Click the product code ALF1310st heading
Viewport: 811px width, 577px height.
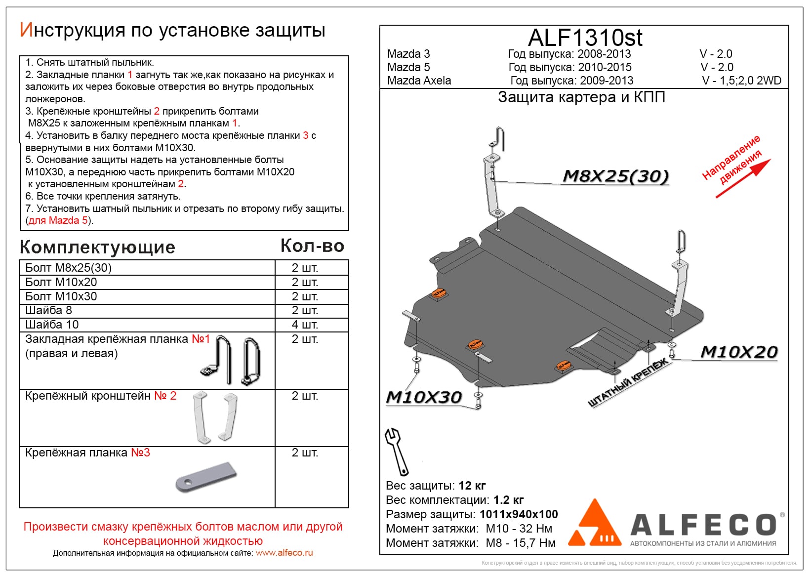tap(585, 38)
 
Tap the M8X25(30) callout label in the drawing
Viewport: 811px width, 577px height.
tap(615, 176)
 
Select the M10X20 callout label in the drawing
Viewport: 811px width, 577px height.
tap(739, 352)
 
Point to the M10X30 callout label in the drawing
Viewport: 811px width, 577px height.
tap(424, 397)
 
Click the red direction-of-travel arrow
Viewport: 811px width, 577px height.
tap(743, 179)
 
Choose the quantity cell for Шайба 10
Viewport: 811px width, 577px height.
tap(305, 325)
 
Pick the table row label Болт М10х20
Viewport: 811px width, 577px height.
tap(61, 282)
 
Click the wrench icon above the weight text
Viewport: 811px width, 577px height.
tap(397, 451)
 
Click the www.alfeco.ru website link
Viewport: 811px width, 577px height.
tap(284, 553)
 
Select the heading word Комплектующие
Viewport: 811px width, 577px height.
tap(97, 247)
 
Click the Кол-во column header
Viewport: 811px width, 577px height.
tap(312, 246)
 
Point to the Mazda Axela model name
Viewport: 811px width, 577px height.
tap(419, 81)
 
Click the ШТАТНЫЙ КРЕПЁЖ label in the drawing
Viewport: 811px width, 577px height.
tap(627, 383)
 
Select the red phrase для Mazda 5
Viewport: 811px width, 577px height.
tap(58, 220)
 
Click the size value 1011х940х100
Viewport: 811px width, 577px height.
tap(519, 514)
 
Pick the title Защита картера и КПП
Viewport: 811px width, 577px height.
tap(581, 97)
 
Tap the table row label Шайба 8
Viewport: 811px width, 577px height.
tap(48, 310)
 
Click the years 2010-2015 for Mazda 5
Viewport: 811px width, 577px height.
tap(605, 67)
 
